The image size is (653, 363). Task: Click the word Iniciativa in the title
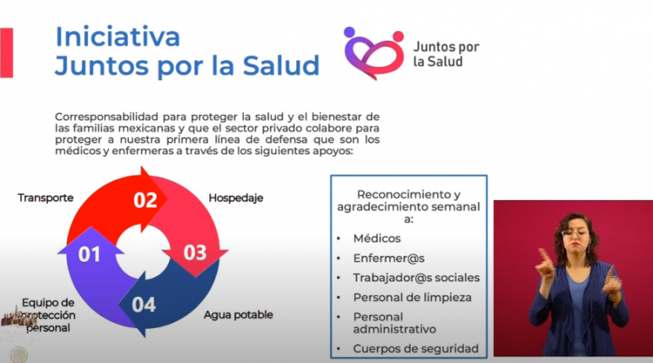click(118, 37)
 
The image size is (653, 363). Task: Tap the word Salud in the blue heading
click(281, 66)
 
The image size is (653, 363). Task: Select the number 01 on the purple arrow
click(90, 255)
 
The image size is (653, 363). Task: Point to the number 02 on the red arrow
click(145, 200)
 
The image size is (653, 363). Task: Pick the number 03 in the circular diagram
click(195, 253)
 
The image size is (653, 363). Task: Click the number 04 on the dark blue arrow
click(144, 305)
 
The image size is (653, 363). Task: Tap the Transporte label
click(46, 197)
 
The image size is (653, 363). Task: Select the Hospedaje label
click(236, 197)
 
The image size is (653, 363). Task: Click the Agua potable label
click(238, 315)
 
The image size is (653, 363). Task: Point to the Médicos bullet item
click(377, 238)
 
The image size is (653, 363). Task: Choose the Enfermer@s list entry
click(389, 259)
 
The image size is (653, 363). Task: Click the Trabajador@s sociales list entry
click(416, 277)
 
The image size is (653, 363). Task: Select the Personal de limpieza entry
click(412, 298)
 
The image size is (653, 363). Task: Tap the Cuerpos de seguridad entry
click(415, 349)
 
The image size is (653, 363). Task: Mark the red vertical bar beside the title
click(7, 53)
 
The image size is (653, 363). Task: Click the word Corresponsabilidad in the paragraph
click(107, 117)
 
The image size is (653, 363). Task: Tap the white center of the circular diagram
click(143, 253)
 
